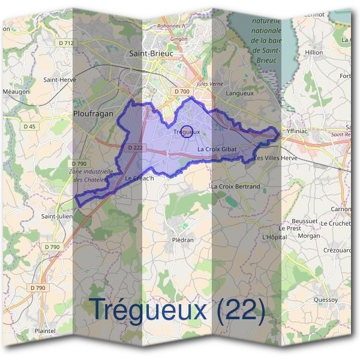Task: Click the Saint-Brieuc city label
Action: (x=151, y=53)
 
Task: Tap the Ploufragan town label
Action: (x=92, y=112)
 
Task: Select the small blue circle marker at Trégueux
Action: (x=187, y=131)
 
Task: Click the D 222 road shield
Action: (x=135, y=148)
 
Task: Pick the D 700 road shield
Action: (x=181, y=91)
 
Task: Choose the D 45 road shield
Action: (x=30, y=126)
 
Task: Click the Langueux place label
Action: (x=240, y=94)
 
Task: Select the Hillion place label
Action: (x=314, y=53)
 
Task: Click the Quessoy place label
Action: (x=325, y=299)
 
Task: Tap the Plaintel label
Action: (x=46, y=331)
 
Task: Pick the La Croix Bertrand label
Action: (x=235, y=187)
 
